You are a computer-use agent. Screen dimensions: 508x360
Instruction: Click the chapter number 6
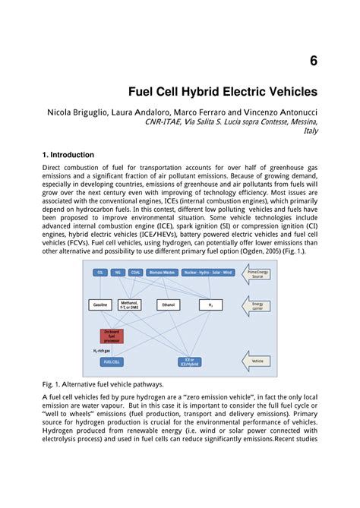pos(312,60)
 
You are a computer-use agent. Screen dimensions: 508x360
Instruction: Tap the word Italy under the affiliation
pos(310,131)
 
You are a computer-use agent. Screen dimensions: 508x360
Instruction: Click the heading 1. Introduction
pos(68,155)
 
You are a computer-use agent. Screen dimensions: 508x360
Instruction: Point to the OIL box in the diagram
pos(99,272)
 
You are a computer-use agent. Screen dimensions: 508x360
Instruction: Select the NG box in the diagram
pos(117,272)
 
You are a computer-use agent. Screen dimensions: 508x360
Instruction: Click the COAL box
pos(135,272)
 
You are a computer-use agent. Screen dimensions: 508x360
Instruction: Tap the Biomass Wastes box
pos(162,272)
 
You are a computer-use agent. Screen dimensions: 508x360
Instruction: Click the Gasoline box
pos(100,304)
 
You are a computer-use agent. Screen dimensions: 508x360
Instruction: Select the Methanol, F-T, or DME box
pos(130,304)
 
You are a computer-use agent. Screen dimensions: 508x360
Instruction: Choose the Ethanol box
pos(168,304)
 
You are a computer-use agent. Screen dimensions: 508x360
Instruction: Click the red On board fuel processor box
pos(112,336)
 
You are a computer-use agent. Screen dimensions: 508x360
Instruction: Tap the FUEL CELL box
pos(112,361)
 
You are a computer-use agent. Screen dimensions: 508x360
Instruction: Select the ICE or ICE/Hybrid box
pos(189,361)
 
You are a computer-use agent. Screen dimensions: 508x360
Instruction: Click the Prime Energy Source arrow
pos(256,273)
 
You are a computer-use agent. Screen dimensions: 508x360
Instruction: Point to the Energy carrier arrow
pos(256,305)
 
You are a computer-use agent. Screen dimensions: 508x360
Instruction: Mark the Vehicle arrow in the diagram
pos(256,361)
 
